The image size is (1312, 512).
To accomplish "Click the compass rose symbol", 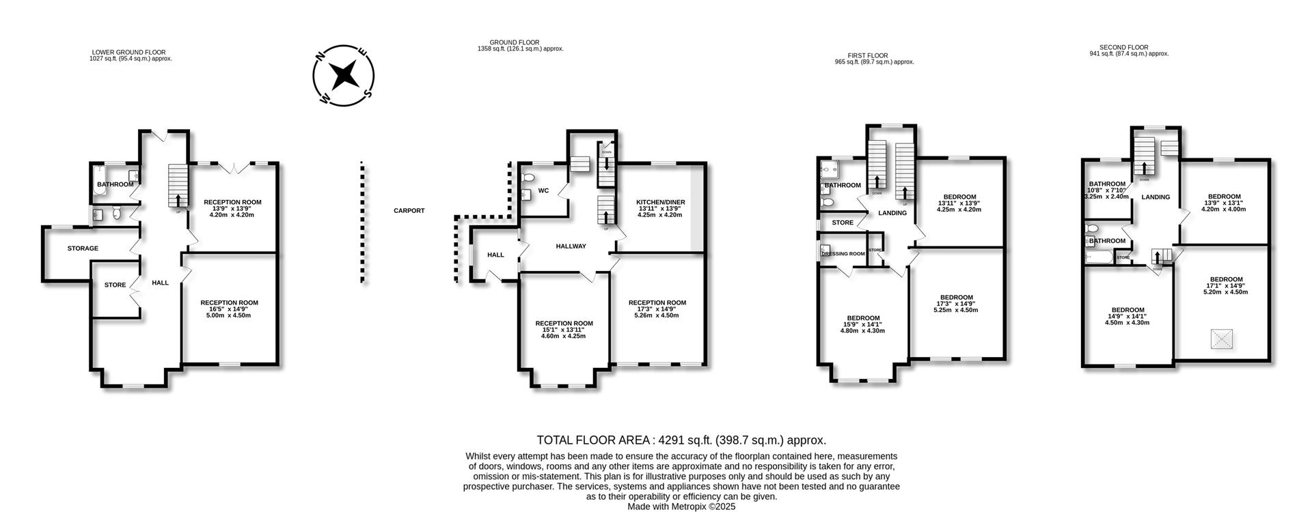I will [343, 75].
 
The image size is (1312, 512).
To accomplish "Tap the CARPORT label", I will [409, 211].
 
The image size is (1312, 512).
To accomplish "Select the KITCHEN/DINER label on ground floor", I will [660, 203].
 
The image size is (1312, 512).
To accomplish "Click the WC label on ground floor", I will [544, 190].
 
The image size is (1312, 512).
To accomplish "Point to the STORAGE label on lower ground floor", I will [83, 248].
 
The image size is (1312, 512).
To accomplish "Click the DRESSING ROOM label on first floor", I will [843, 254].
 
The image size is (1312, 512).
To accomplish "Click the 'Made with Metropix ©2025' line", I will [681, 507].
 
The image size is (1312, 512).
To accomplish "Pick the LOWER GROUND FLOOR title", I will [128, 53].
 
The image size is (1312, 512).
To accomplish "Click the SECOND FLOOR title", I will [1128, 48].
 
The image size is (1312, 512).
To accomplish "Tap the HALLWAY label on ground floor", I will [571, 246].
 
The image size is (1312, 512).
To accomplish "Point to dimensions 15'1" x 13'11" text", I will [564, 330].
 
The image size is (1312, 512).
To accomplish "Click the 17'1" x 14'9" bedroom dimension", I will [1226, 285].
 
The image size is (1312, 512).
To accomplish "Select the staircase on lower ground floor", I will [178, 186].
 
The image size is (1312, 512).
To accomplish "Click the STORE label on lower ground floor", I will [115, 285].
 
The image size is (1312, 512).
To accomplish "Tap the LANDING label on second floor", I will [1156, 197].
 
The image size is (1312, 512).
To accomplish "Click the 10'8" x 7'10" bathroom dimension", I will [1107, 190].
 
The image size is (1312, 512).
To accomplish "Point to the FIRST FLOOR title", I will [869, 56].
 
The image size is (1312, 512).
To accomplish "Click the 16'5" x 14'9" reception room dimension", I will [229, 309].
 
